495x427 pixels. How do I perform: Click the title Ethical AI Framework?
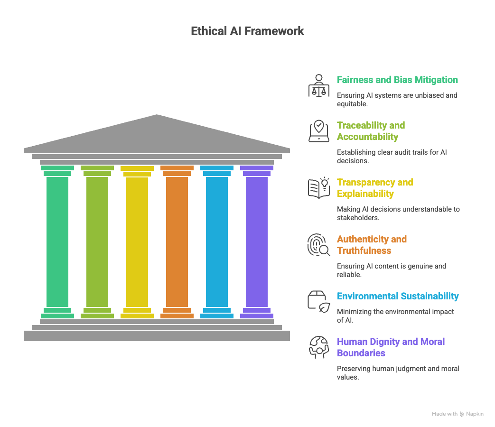click(247, 31)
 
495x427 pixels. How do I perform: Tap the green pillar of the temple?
click(57, 242)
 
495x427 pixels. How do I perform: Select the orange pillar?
click(177, 242)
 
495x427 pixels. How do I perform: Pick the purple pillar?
click(257, 242)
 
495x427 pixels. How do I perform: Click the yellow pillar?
click(137, 242)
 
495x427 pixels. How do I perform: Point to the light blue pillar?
click(217, 242)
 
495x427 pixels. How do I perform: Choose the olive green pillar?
click(97, 242)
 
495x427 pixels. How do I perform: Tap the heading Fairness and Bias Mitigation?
click(397, 80)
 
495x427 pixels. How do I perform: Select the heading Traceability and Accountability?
click(371, 131)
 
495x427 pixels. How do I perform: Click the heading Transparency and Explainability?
click(375, 188)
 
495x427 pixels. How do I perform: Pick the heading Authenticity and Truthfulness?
click(372, 245)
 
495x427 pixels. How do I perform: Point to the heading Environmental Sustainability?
click(398, 296)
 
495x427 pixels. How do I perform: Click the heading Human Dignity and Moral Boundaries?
click(391, 347)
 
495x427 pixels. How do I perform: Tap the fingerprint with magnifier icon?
click(318, 245)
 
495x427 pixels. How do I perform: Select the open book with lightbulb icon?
click(318, 188)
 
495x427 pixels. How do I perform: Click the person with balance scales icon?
click(318, 86)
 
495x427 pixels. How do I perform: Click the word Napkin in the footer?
click(475, 414)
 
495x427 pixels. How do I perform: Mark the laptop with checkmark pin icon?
click(318, 131)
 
